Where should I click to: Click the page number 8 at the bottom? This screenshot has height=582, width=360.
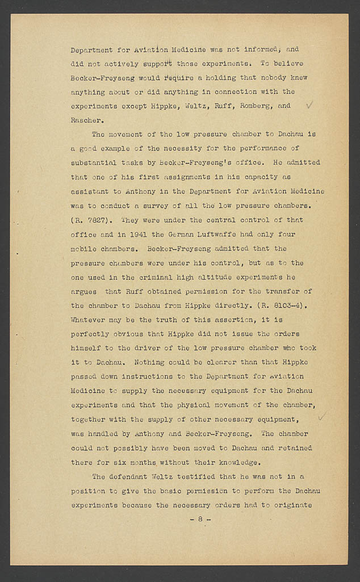(200, 519)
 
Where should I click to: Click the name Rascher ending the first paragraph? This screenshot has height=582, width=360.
(86, 120)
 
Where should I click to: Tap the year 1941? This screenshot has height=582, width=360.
(144, 234)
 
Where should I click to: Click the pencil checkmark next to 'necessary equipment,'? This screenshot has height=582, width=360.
(321, 417)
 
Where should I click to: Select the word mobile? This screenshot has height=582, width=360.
(84, 248)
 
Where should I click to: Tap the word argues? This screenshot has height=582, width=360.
(83, 291)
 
